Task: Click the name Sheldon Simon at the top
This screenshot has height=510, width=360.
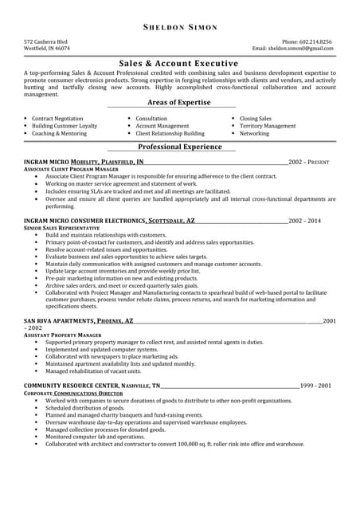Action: [x=179, y=27]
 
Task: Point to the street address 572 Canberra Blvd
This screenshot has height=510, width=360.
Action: [x=45, y=41]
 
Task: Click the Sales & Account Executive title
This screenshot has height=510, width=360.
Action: [x=179, y=63]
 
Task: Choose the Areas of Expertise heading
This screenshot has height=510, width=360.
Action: [x=179, y=103]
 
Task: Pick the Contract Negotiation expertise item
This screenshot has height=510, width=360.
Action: [x=57, y=118]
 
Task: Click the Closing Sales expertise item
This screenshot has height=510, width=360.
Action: [x=256, y=118]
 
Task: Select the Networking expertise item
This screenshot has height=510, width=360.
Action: [x=255, y=133]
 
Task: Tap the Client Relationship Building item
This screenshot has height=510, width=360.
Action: [x=170, y=133]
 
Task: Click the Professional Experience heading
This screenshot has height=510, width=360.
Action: [x=179, y=147]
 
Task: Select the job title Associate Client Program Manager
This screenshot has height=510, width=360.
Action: [x=72, y=169]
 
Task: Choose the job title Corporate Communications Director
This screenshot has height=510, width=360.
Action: [x=73, y=393]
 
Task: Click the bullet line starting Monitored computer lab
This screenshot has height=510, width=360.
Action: [x=95, y=437]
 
